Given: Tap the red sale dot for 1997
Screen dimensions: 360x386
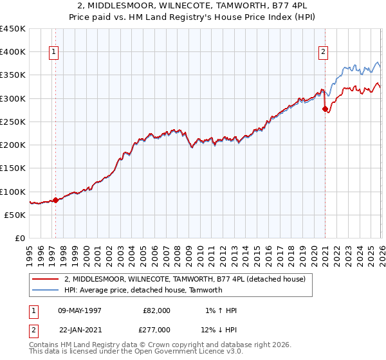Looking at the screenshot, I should pos(55,200).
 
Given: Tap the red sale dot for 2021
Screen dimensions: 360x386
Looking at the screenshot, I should pos(325,109).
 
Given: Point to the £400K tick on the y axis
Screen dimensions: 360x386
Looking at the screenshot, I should pos(13,52).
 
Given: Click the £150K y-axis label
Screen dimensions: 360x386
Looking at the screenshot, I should pos(13,168).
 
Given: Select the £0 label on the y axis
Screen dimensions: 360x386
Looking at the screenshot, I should pos(19,239).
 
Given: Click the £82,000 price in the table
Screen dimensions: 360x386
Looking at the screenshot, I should pos(156,310).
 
